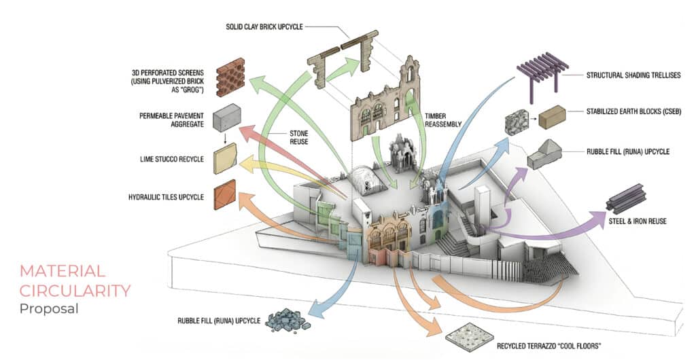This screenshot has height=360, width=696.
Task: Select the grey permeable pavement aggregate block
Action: (227, 119)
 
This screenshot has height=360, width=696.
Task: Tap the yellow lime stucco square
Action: (224, 158)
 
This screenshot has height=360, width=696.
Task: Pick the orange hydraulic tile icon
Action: (224, 196)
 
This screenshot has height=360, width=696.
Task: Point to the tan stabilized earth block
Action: (551, 117)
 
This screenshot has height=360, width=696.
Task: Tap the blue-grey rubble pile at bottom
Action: (285, 321)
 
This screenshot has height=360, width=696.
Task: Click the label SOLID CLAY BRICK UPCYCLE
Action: (264, 27)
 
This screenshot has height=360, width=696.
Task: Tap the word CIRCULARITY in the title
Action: (75, 291)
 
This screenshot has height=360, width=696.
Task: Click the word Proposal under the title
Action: (49, 309)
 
